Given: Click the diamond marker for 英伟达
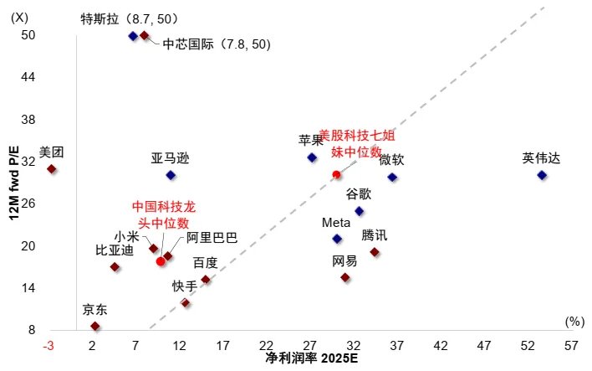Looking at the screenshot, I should (x=542, y=175).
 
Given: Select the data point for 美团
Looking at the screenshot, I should (x=52, y=169).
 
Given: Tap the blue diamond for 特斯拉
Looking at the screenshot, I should (x=133, y=36).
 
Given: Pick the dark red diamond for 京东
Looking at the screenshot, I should (x=95, y=327).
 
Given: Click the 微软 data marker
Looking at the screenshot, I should (x=392, y=178).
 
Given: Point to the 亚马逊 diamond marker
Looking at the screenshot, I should (x=171, y=175).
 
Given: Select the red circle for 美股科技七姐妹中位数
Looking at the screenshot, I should (x=336, y=175).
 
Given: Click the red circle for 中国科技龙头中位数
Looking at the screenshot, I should (x=161, y=262).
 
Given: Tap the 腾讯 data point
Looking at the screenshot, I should (x=375, y=252).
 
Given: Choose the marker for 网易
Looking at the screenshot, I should (x=344, y=277).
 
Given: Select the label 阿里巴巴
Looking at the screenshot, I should (x=212, y=238).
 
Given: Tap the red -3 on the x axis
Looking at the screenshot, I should (x=49, y=346).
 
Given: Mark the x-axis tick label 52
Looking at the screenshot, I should (x=528, y=346).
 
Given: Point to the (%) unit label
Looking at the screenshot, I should (x=574, y=321).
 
